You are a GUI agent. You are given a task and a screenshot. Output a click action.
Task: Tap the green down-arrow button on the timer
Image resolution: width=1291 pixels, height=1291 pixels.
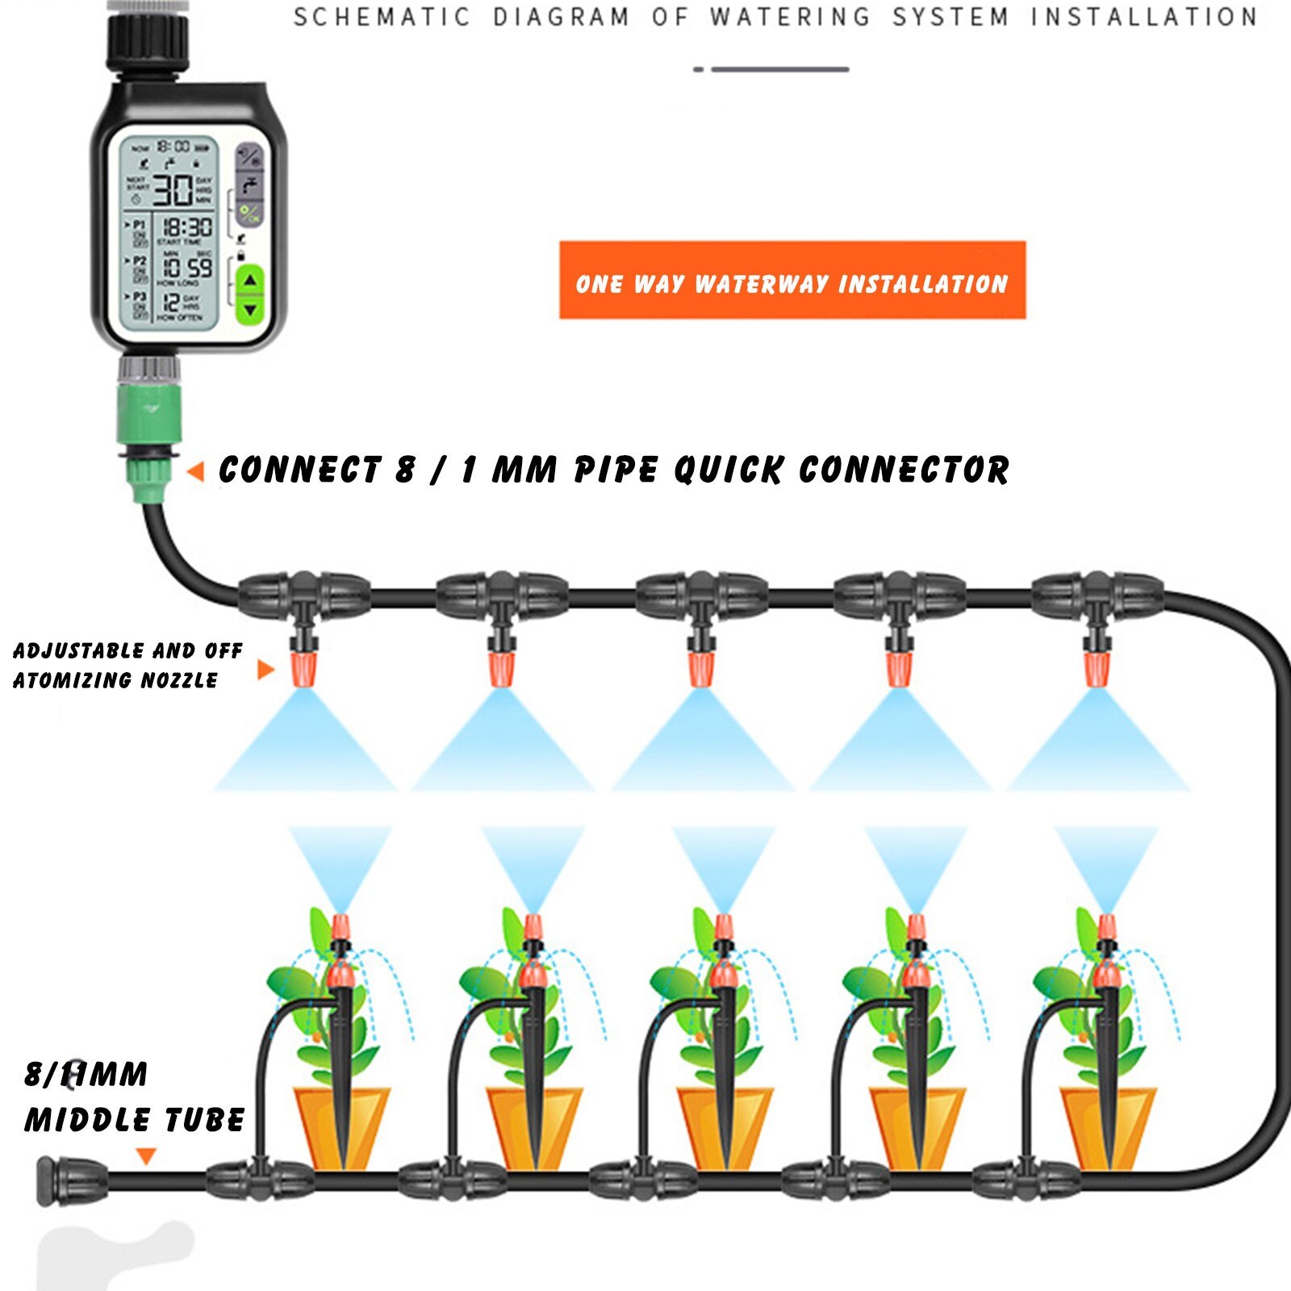tap(251, 310)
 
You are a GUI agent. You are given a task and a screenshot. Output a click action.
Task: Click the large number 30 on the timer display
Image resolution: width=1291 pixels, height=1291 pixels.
tap(173, 190)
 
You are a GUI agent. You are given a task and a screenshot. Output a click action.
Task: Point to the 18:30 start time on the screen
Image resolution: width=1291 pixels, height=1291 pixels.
tap(187, 228)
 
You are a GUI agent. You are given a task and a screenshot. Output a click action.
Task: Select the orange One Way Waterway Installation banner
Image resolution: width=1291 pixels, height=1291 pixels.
tap(792, 281)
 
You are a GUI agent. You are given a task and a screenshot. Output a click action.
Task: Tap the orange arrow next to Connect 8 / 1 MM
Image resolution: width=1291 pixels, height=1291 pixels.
tap(195, 472)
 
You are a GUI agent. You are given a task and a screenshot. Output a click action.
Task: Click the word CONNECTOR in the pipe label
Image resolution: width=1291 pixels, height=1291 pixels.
tap(904, 470)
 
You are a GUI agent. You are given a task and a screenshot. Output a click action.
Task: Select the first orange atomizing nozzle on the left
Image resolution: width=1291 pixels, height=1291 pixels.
tap(303, 669)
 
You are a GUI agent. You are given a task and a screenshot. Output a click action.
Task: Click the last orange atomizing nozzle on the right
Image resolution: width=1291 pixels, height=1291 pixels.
tap(1095, 669)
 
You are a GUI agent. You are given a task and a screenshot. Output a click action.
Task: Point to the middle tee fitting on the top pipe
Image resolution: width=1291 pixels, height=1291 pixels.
tap(700, 597)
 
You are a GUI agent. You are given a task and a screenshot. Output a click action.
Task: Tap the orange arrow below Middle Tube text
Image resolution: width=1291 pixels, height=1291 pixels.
tap(145, 1156)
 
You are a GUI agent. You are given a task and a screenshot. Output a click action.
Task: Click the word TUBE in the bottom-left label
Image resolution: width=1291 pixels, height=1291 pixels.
tap(204, 1120)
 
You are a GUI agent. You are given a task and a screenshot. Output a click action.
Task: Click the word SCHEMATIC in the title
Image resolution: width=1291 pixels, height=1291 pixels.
tap(382, 17)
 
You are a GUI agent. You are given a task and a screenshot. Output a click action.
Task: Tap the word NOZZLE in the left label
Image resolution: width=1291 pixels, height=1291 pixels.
tap(179, 680)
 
